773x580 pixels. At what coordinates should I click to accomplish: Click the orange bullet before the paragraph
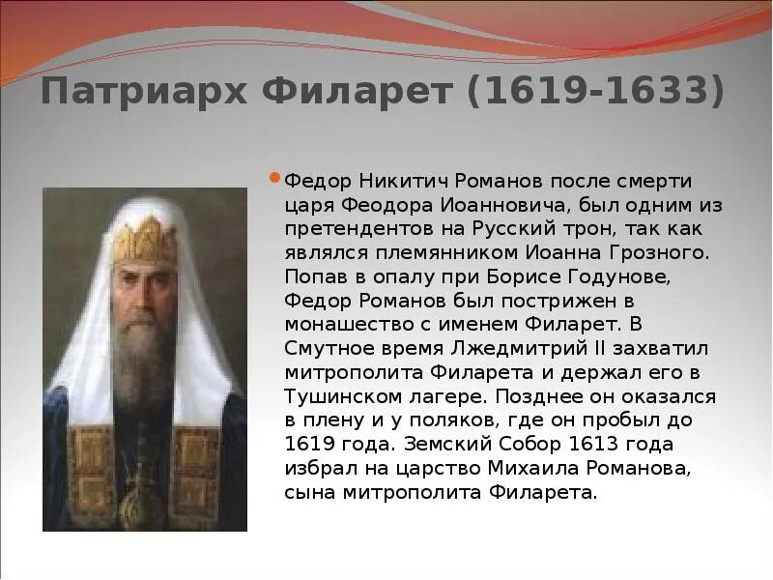pos(274,179)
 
